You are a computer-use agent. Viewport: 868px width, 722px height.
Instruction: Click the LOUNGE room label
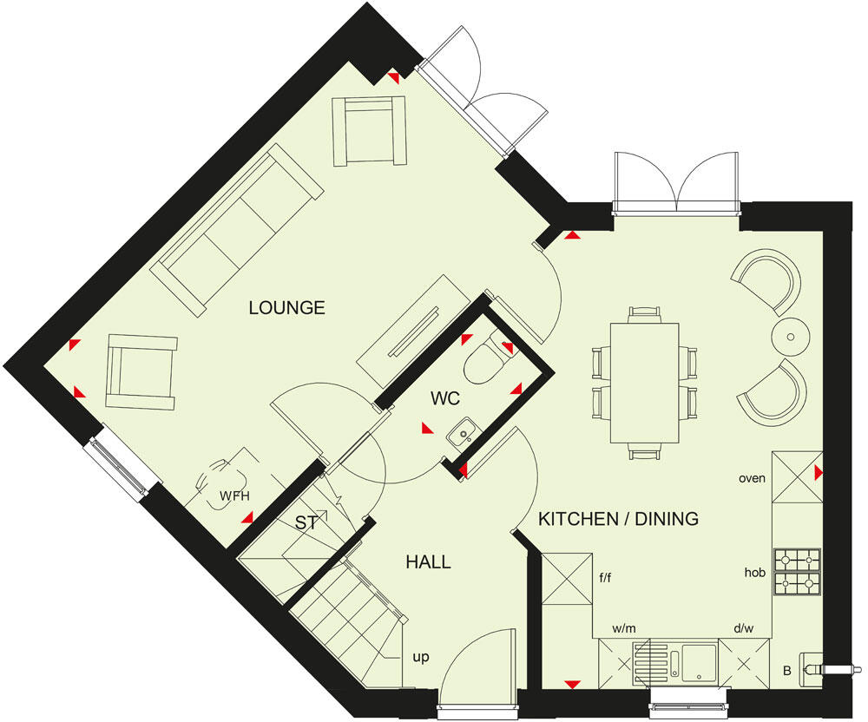tap(286, 307)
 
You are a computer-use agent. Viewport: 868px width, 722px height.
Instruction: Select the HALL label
tap(428, 562)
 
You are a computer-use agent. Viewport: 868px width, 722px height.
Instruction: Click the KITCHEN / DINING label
tap(618, 519)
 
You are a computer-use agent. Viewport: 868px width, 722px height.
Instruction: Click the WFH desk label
tap(233, 496)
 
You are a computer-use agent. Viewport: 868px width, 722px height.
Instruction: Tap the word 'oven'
tap(752, 478)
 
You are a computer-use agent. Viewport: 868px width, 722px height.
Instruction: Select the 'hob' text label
tap(753, 573)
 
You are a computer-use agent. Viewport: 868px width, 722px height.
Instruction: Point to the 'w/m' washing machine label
tap(624, 627)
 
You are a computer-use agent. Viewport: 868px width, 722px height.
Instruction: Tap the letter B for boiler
tap(786, 670)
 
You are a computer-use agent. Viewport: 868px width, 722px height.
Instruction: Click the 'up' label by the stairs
tap(421, 657)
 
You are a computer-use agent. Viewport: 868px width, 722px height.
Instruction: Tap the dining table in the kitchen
tap(645, 382)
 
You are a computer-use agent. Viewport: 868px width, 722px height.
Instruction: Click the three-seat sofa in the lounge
tap(236, 230)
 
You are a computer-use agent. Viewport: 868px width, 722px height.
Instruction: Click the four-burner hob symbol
tap(796, 573)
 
